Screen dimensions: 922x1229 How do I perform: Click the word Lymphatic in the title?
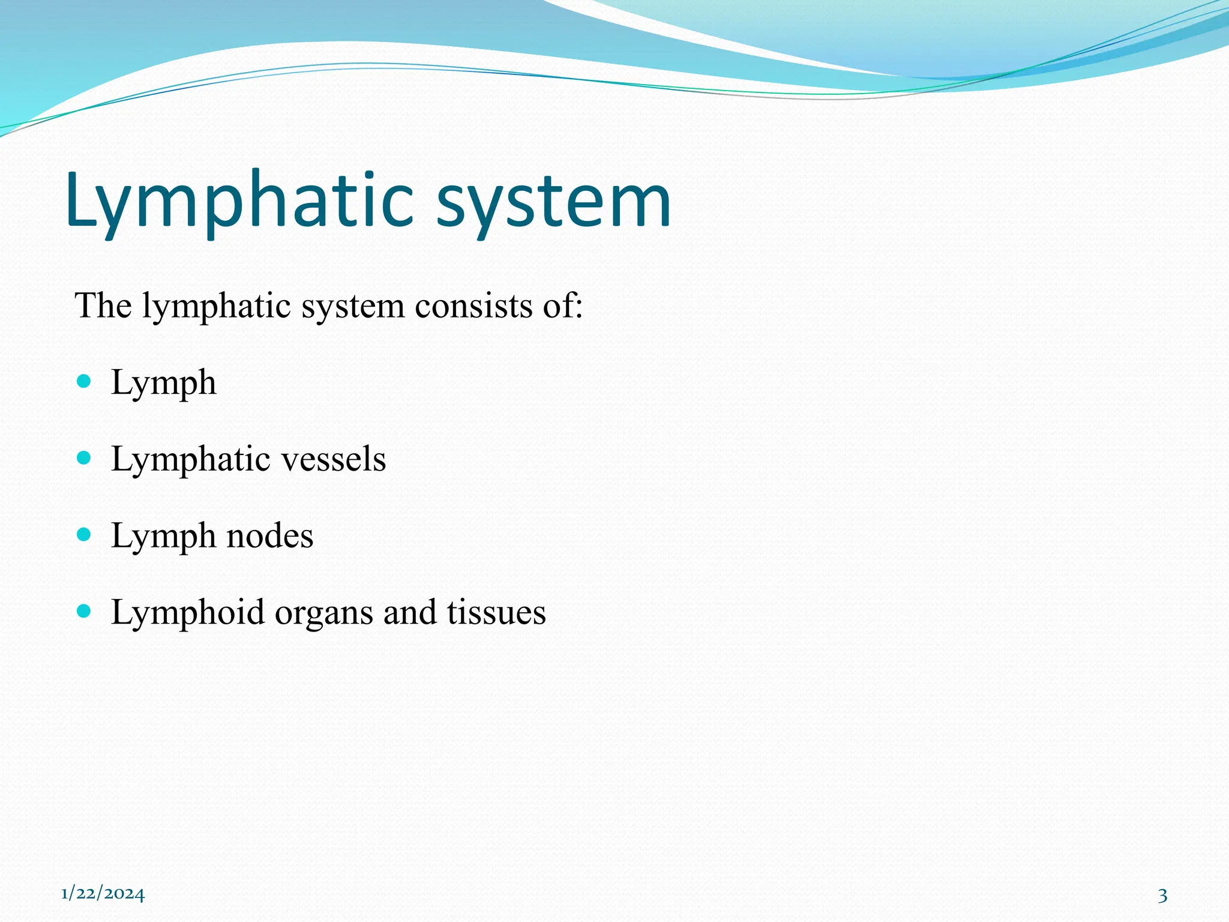tap(240, 201)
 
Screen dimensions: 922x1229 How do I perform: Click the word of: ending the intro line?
tap(563, 306)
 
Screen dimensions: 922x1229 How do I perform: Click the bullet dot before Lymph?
tap(84, 381)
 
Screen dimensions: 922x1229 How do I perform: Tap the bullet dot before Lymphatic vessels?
tap(84, 458)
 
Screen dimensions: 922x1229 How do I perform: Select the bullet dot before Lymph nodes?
tap(84, 534)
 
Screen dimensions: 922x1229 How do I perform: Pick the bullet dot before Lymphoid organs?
tap(84, 611)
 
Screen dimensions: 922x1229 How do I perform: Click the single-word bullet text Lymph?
tap(163, 383)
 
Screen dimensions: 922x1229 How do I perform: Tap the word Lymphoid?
tap(187, 612)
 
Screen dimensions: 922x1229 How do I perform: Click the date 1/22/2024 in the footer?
tap(103, 894)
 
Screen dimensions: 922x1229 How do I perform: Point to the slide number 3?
tap(1162, 896)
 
